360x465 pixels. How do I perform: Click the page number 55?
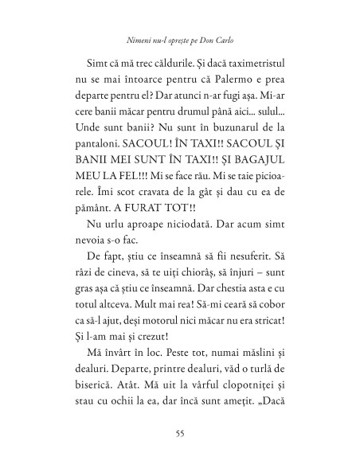pyautogui.click(x=180, y=433)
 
